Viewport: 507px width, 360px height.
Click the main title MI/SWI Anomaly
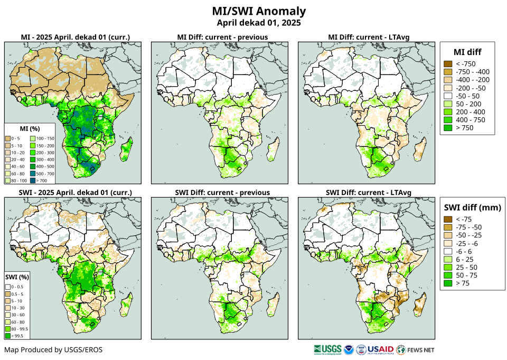[258, 11]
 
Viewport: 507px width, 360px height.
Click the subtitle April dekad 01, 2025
[258, 23]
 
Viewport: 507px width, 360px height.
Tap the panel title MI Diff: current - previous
[222, 37]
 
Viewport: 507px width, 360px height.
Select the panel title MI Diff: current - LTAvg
[369, 37]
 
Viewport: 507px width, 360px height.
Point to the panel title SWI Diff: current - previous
[222, 192]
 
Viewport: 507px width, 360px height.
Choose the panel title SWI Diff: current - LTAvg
[369, 192]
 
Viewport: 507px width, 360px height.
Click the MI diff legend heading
[467, 52]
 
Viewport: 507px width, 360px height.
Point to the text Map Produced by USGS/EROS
[53, 350]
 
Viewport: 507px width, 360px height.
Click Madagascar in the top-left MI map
[126, 150]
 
